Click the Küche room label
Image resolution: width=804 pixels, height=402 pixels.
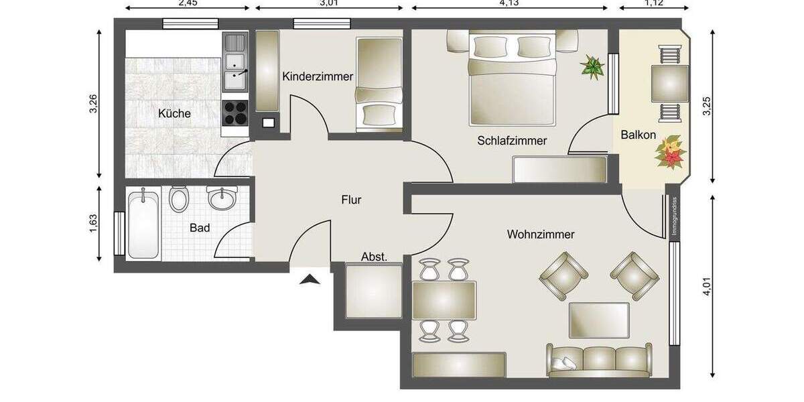point(174,114)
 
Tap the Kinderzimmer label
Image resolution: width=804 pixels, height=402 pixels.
point(317,76)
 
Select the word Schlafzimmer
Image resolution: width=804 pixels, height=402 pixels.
point(512,141)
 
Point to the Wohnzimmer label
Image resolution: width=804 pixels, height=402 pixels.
point(541,234)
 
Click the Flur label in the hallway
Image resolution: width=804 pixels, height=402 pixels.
point(351,199)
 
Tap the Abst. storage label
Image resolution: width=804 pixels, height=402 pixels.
point(374,257)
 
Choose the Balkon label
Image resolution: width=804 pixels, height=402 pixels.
point(638,135)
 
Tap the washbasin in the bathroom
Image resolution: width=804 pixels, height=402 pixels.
point(222,198)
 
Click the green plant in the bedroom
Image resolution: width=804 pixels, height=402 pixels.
point(592,67)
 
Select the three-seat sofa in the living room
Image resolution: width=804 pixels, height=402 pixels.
point(599,360)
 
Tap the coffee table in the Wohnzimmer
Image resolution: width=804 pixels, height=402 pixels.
point(599,320)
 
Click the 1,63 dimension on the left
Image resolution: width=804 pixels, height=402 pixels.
point(94,223)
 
